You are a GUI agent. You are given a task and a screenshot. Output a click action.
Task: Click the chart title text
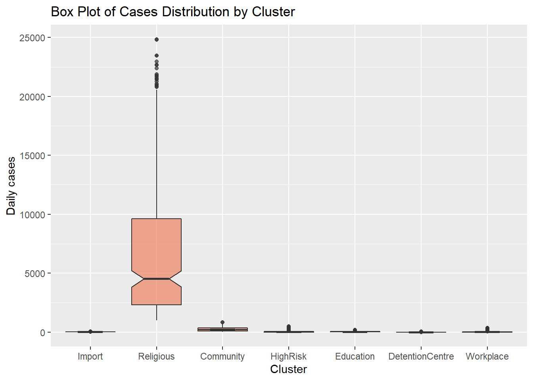tap(173, 12)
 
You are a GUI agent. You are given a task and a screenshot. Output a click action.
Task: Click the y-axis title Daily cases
tap(11, 186)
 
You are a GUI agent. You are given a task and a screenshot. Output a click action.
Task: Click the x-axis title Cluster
tap(288, 369)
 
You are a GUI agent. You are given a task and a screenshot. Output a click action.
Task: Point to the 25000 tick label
tap(32, 38)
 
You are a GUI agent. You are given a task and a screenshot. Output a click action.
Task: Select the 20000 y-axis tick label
tap(32, 97)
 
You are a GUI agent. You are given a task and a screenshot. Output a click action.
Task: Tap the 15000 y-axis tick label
tap(32, 156)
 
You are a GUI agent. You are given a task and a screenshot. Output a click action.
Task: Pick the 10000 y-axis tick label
tap(32, 215)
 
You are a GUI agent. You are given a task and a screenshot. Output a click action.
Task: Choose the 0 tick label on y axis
tap(42, 333)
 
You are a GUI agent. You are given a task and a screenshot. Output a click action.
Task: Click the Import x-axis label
tap(90, 356)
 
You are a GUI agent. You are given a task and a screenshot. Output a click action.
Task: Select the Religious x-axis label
tap(156, 356)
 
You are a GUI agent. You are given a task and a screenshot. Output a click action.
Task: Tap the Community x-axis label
tap(222, 356)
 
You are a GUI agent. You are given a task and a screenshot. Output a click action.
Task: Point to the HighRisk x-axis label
tap(288, 356)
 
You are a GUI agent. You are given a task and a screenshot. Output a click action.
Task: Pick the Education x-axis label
tap(355, 356)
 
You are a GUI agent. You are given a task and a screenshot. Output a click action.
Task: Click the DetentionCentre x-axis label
tap(421, 356)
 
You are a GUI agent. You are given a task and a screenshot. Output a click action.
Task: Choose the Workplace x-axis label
tap(487, 356)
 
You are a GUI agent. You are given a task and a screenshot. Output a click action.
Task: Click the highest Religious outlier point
tap(157, 40)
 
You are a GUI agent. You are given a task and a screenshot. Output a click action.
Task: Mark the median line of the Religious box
tap(157, 279)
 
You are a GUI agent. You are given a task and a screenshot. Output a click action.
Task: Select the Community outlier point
tap(222, 322)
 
